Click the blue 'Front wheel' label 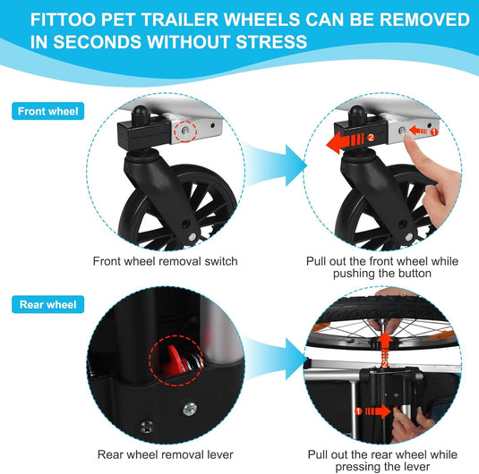coord(48,111)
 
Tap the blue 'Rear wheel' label coord(48,305)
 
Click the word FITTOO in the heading coord(64,20)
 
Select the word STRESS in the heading coord(271,42)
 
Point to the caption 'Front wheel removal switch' coord(166,261)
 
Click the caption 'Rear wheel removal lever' coord(166,454)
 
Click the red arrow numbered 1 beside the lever coord(373,411)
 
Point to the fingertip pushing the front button coord(408,138)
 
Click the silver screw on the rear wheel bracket coord(190,410)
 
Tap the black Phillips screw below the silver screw coord(147,427)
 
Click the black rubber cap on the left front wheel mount coord(141,114)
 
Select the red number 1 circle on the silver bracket coord(434,132)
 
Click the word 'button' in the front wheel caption coord(414,274)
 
